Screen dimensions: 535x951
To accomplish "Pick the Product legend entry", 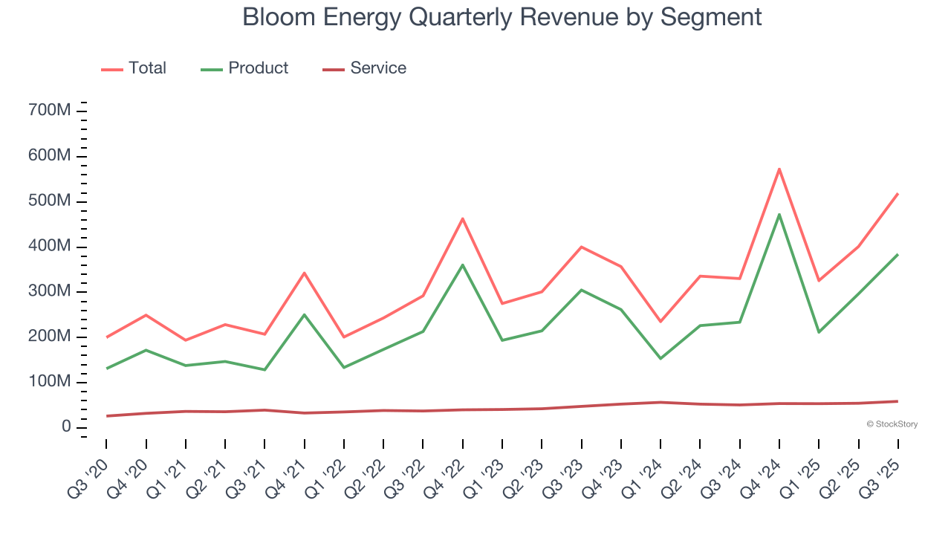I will (244, 68).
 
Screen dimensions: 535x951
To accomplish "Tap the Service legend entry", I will (365, 68).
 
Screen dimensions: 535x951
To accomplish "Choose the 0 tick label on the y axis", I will (66, 427).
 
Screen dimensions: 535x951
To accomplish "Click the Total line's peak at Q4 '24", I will (779, 169).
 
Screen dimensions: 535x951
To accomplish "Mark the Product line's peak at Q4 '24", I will (779, 215).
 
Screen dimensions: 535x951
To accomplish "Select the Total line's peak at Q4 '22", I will (462, 218).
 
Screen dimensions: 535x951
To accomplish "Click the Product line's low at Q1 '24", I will (660, 358).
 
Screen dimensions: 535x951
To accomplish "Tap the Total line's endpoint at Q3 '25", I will (898, 193).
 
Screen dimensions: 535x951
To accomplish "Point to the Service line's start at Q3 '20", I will (106, 416).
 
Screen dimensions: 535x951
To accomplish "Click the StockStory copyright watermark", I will (892, 424).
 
